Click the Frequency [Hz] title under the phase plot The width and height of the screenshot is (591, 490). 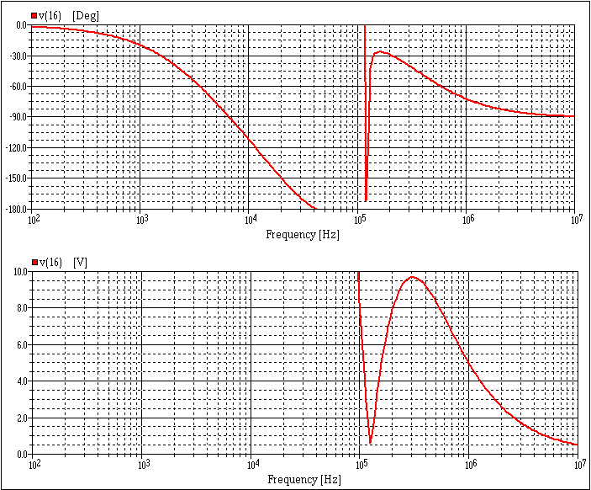coord(303,235)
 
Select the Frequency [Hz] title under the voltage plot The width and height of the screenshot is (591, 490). coord(303,479)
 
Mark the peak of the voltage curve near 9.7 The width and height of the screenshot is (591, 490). coord(413,277)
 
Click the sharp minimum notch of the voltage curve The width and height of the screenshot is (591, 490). coord(370,441)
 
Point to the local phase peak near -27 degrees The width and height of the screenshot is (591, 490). coord(381,52)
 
